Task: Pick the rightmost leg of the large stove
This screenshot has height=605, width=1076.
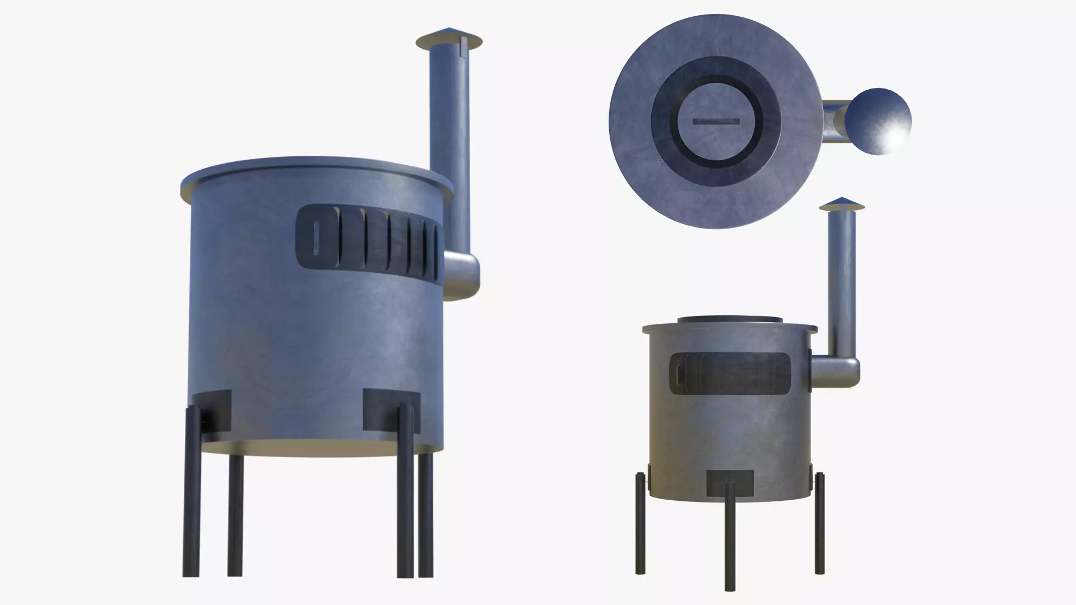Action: click(x=426, y=515)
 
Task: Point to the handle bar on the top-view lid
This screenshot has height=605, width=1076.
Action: click(x=716, y=121)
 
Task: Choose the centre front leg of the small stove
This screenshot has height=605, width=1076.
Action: click(x=729, y=532)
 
